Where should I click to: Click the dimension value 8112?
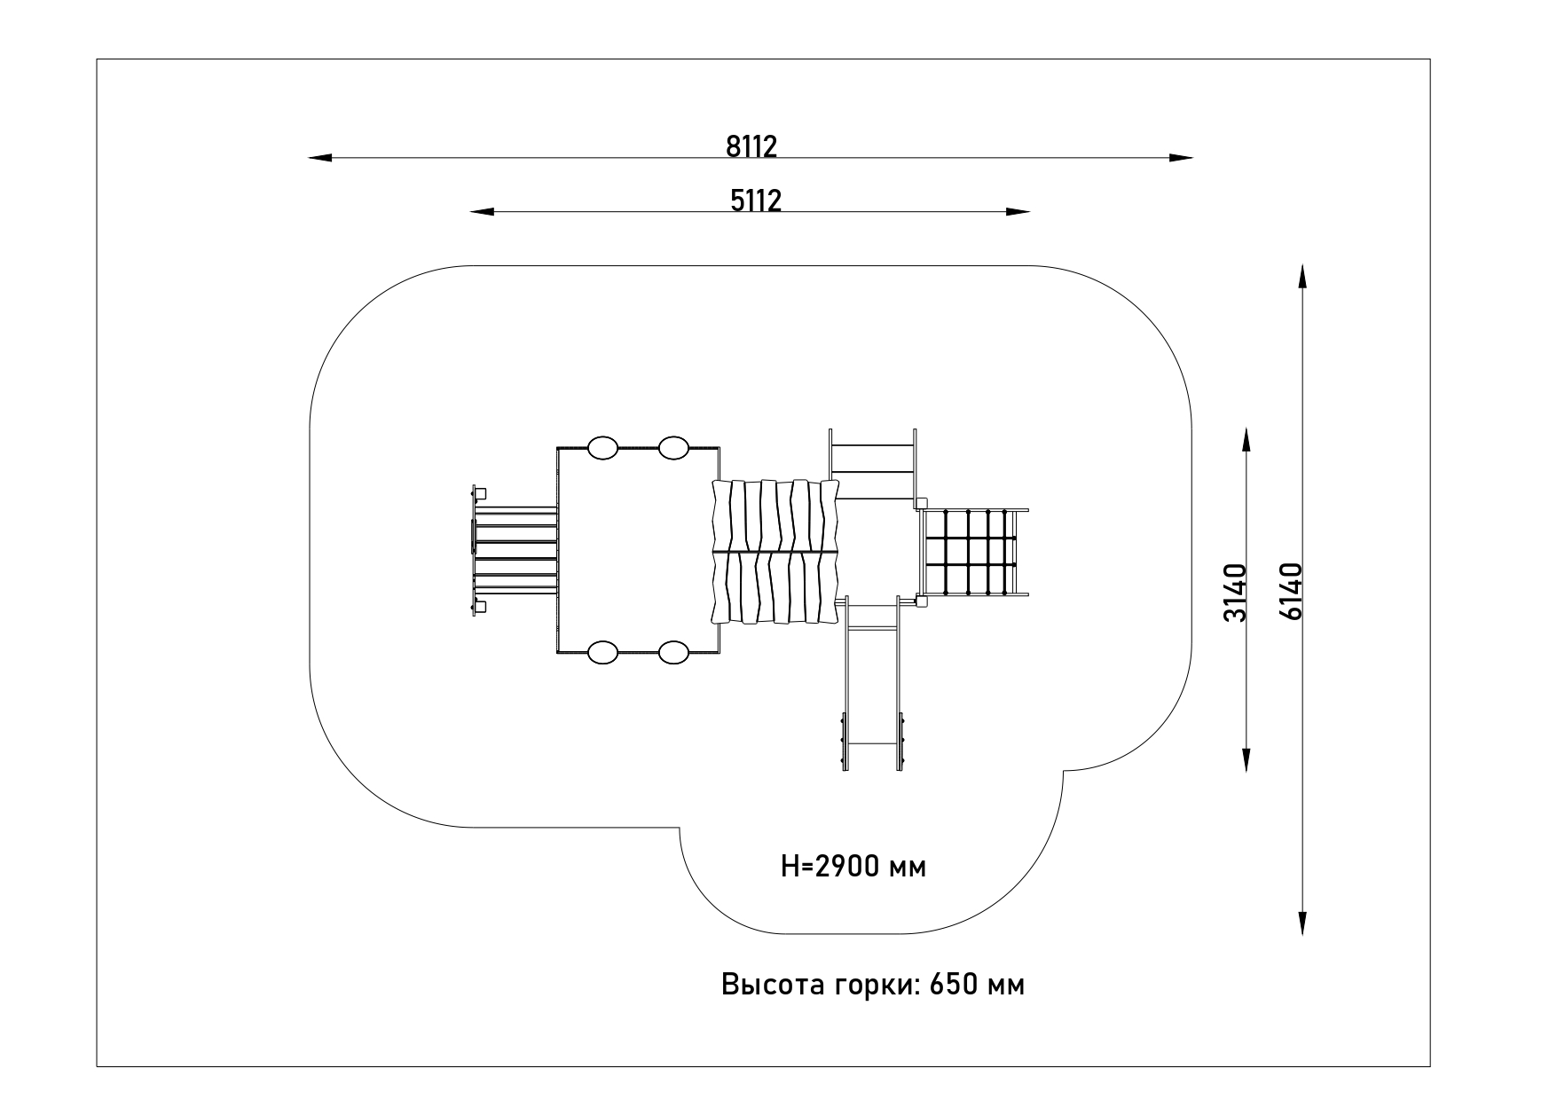click(751, 146)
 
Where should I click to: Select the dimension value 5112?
click(756, 200)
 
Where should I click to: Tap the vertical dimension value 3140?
click(1235, 592)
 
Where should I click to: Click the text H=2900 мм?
click(853, 867)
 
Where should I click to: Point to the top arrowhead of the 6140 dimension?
click(1301, 276)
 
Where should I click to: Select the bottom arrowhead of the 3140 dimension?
click(1246, 760)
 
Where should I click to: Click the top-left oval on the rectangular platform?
click(603, 448)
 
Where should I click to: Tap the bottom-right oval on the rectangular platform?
click(674, 653)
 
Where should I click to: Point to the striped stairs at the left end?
click(515, 550)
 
